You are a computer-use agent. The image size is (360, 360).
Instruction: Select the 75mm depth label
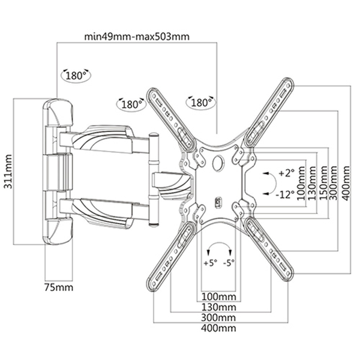coord(59,287)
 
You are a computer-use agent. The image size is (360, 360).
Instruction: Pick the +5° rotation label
coord(209,263)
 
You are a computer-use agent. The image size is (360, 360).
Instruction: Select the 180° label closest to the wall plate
coord(75,76)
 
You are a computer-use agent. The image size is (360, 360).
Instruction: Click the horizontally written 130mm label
coord(218,307)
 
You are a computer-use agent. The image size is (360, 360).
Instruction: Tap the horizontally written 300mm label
coord(218,317)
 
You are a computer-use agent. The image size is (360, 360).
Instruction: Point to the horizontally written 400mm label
coord(218,328)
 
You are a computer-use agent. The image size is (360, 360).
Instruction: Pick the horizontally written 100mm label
coord(218,296)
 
